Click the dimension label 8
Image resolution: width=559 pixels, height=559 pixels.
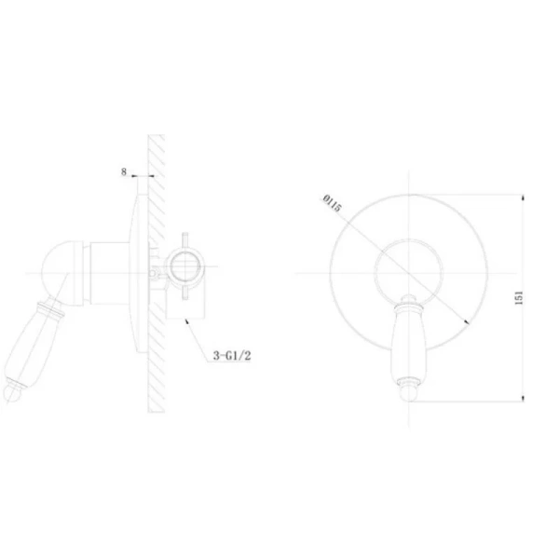coord(124,171)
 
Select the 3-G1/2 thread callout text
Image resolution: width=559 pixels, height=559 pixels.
coord(232,356)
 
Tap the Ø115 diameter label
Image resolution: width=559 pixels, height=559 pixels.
coord(332,203)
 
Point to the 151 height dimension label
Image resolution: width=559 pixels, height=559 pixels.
coord(519,298)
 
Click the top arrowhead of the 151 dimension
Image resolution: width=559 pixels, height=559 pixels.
coord(523,198)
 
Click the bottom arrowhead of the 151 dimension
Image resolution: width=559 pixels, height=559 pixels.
coord(523,398)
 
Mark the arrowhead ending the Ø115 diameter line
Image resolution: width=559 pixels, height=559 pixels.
coord(467,322)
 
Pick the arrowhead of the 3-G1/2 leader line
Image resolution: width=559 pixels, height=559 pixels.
coord(186,320)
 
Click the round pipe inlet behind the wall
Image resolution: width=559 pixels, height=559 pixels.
coord(184,266)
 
